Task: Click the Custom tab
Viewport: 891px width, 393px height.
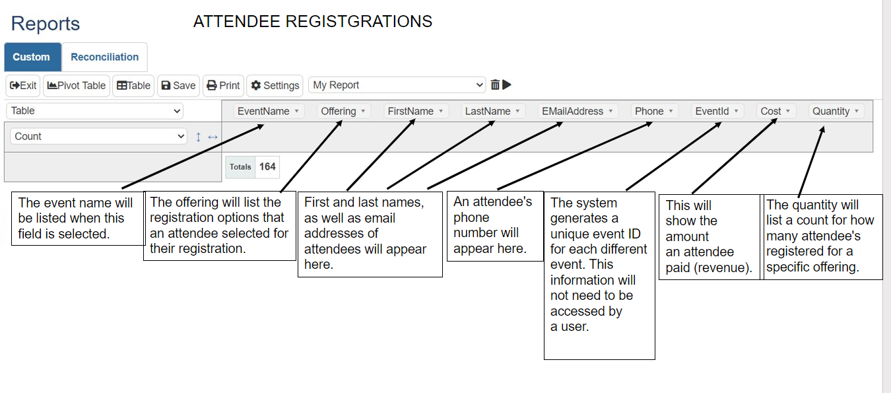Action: [x=32, y=57]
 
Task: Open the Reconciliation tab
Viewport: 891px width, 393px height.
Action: [x=104, y=57]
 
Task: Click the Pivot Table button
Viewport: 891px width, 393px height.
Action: [x=75, y=85]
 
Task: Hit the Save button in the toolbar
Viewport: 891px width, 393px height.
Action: [x=178, y=85]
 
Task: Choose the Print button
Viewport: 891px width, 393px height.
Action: [x=223, y=85]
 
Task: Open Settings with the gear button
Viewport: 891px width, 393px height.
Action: [x=275, y=85]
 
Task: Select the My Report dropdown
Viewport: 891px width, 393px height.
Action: [x=397, y=85]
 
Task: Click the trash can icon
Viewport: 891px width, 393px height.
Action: [x=495, y=85]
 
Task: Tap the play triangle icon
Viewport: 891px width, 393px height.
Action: [x=507, y=85]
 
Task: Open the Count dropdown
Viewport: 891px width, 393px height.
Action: [x=98, y=136]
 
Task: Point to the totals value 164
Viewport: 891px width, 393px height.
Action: [x=267, y=166]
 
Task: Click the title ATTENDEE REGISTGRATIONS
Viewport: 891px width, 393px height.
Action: [x=313, y=22]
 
